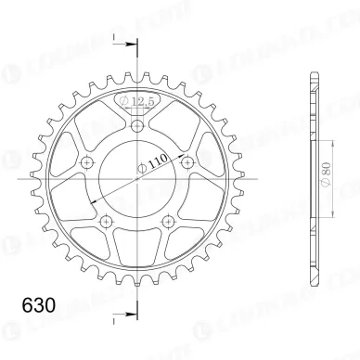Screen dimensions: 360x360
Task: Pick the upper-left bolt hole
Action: pyautogui.click(x=89, y=161)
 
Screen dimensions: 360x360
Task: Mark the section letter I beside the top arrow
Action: pyautogui.click(x=113, y=38)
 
